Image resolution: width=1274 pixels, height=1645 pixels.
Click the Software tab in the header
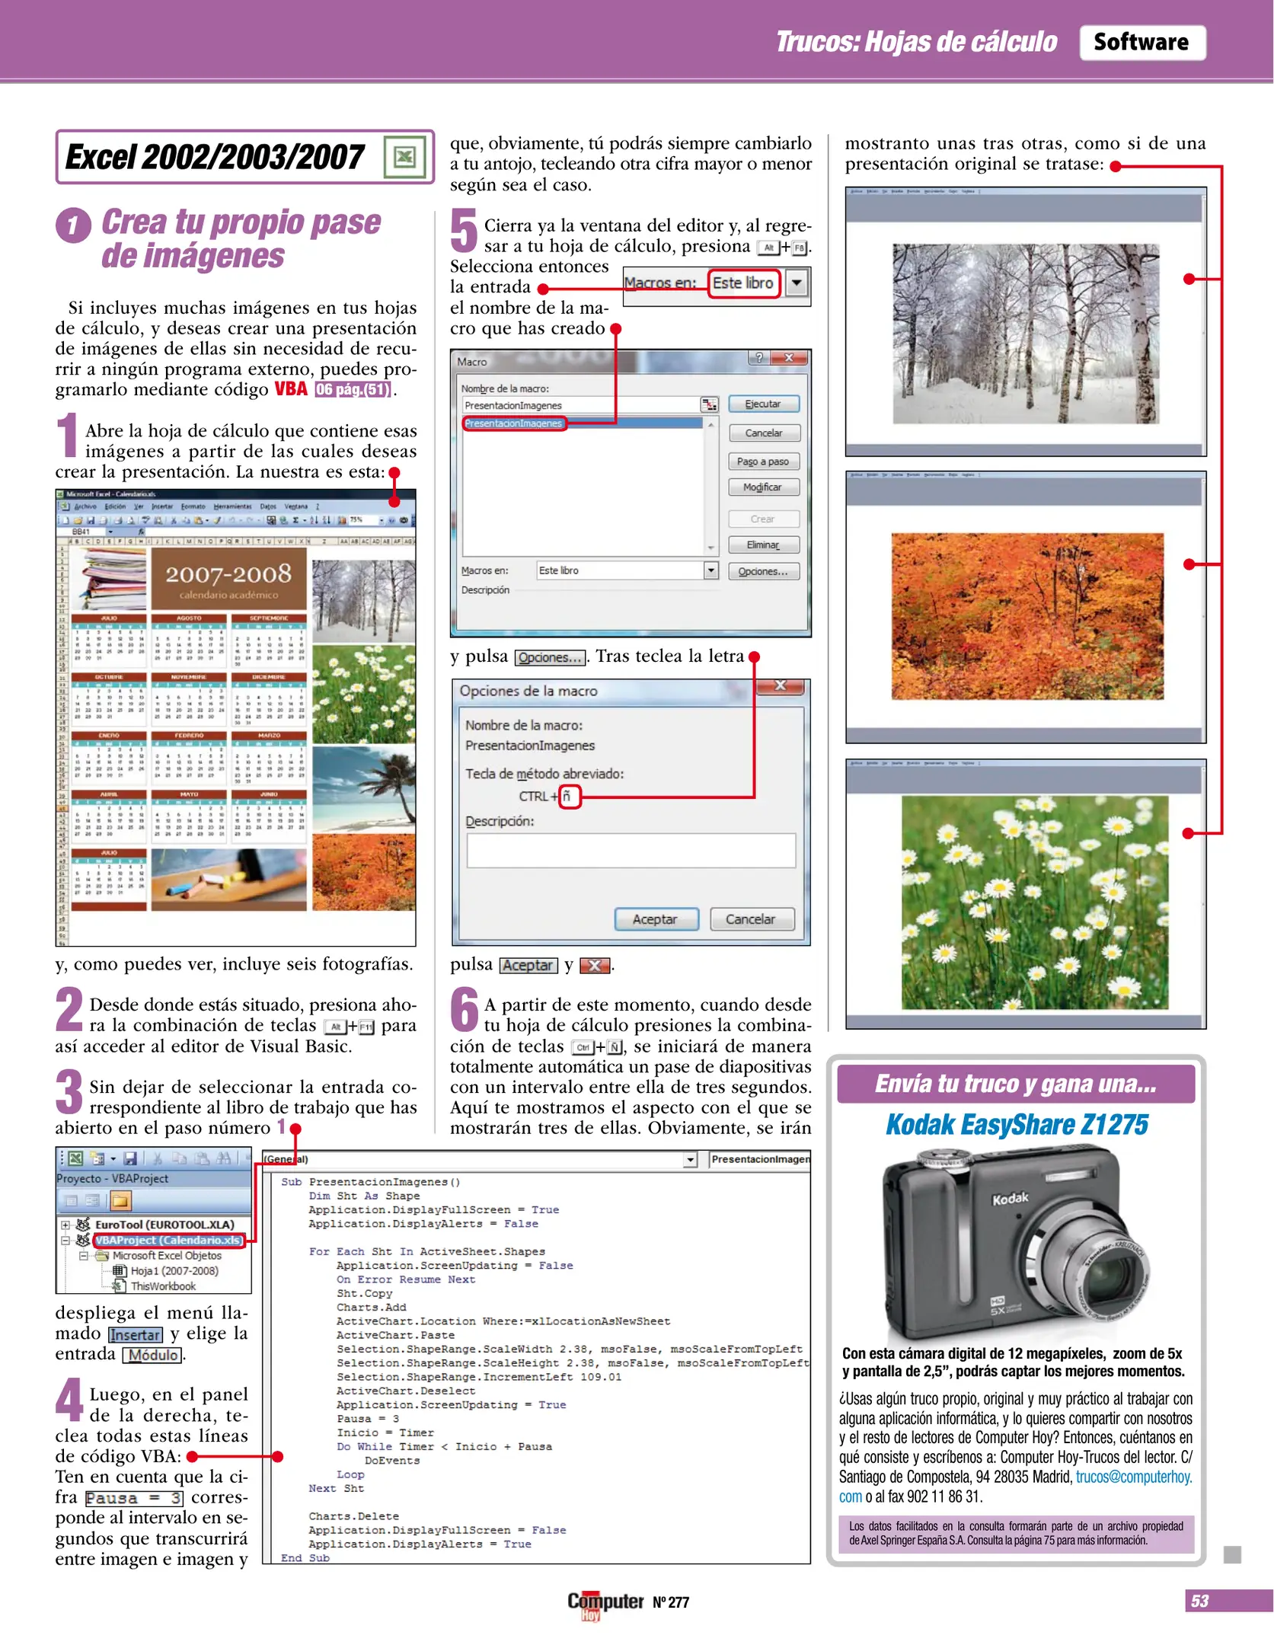pos(1141,42)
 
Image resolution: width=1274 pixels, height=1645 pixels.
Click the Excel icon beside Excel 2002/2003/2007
pos(404,157)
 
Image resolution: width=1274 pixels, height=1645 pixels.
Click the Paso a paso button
pos(762,461)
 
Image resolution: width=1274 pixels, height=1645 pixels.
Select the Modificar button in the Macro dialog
pos(762,487)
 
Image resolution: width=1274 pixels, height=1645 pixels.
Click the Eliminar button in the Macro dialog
pos(762,545)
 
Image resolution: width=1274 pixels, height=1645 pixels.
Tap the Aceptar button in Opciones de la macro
pos(655,918)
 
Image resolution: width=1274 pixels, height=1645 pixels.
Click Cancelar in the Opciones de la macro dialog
pos(750,918)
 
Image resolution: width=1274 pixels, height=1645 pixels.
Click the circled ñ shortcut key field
pos(569,796)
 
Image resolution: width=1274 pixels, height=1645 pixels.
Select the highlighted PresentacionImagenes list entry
pos(515,423)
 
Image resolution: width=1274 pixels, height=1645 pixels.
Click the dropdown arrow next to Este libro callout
pos(796,283)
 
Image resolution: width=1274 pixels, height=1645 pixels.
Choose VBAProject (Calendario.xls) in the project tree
pos(169,1240)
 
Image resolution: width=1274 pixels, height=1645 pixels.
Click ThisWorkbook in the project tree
pos(162,1286)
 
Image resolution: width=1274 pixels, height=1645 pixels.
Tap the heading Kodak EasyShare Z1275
pos(1016,1124)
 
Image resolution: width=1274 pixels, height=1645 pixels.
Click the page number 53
pos(1199,1600)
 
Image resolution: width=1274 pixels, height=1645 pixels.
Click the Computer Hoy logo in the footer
pos(605,1602)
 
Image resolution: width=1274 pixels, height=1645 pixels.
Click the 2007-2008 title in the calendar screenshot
pos(228,575)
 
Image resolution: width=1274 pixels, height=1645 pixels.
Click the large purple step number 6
pos(464,1010)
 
